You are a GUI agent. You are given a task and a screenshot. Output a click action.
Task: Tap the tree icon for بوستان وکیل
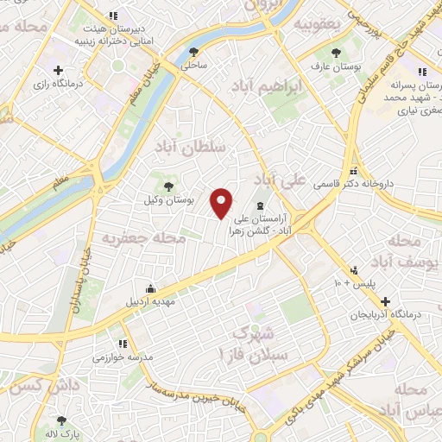(x=168, y=185)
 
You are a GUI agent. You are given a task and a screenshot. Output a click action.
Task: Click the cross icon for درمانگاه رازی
(x=58, y=70)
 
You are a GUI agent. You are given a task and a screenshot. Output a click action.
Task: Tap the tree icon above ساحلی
(x=192, y=52)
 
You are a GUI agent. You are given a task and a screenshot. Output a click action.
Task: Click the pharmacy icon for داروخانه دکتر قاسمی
(x=354, y=170)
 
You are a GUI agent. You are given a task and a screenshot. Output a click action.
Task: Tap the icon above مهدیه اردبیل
(x=151, y=288)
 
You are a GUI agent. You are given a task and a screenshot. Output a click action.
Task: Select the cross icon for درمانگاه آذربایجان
(x=385, y=302)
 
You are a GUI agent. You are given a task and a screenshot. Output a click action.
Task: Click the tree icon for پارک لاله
(x=60, y=420)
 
